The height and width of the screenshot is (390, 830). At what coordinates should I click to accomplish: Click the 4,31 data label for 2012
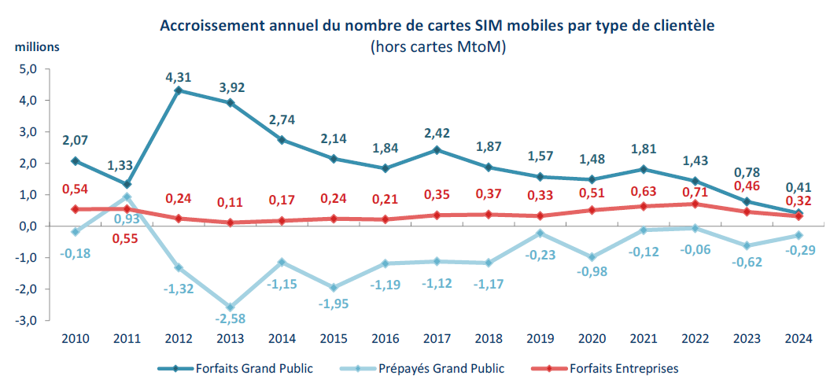[x=179, y=77]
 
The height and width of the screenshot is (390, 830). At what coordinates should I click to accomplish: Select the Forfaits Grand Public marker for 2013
[x=230, y=103]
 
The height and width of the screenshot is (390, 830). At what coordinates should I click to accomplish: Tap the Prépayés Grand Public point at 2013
[x=230, y=307]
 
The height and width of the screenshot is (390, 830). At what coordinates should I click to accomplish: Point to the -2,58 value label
[x=230, y=320]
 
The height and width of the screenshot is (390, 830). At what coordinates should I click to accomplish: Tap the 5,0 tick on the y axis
[x=28, y=69]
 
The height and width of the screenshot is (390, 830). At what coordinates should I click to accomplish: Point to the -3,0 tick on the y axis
[x=27, y=320]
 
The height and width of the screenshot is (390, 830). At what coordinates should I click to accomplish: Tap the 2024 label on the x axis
[x=798, y=338]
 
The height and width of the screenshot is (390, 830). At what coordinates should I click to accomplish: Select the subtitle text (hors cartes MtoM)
[x=437, y=47]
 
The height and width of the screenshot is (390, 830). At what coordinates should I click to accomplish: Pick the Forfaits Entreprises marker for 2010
[x=76, y=209]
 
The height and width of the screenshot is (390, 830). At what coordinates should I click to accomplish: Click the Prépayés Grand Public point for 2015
[x=333, y=287]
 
